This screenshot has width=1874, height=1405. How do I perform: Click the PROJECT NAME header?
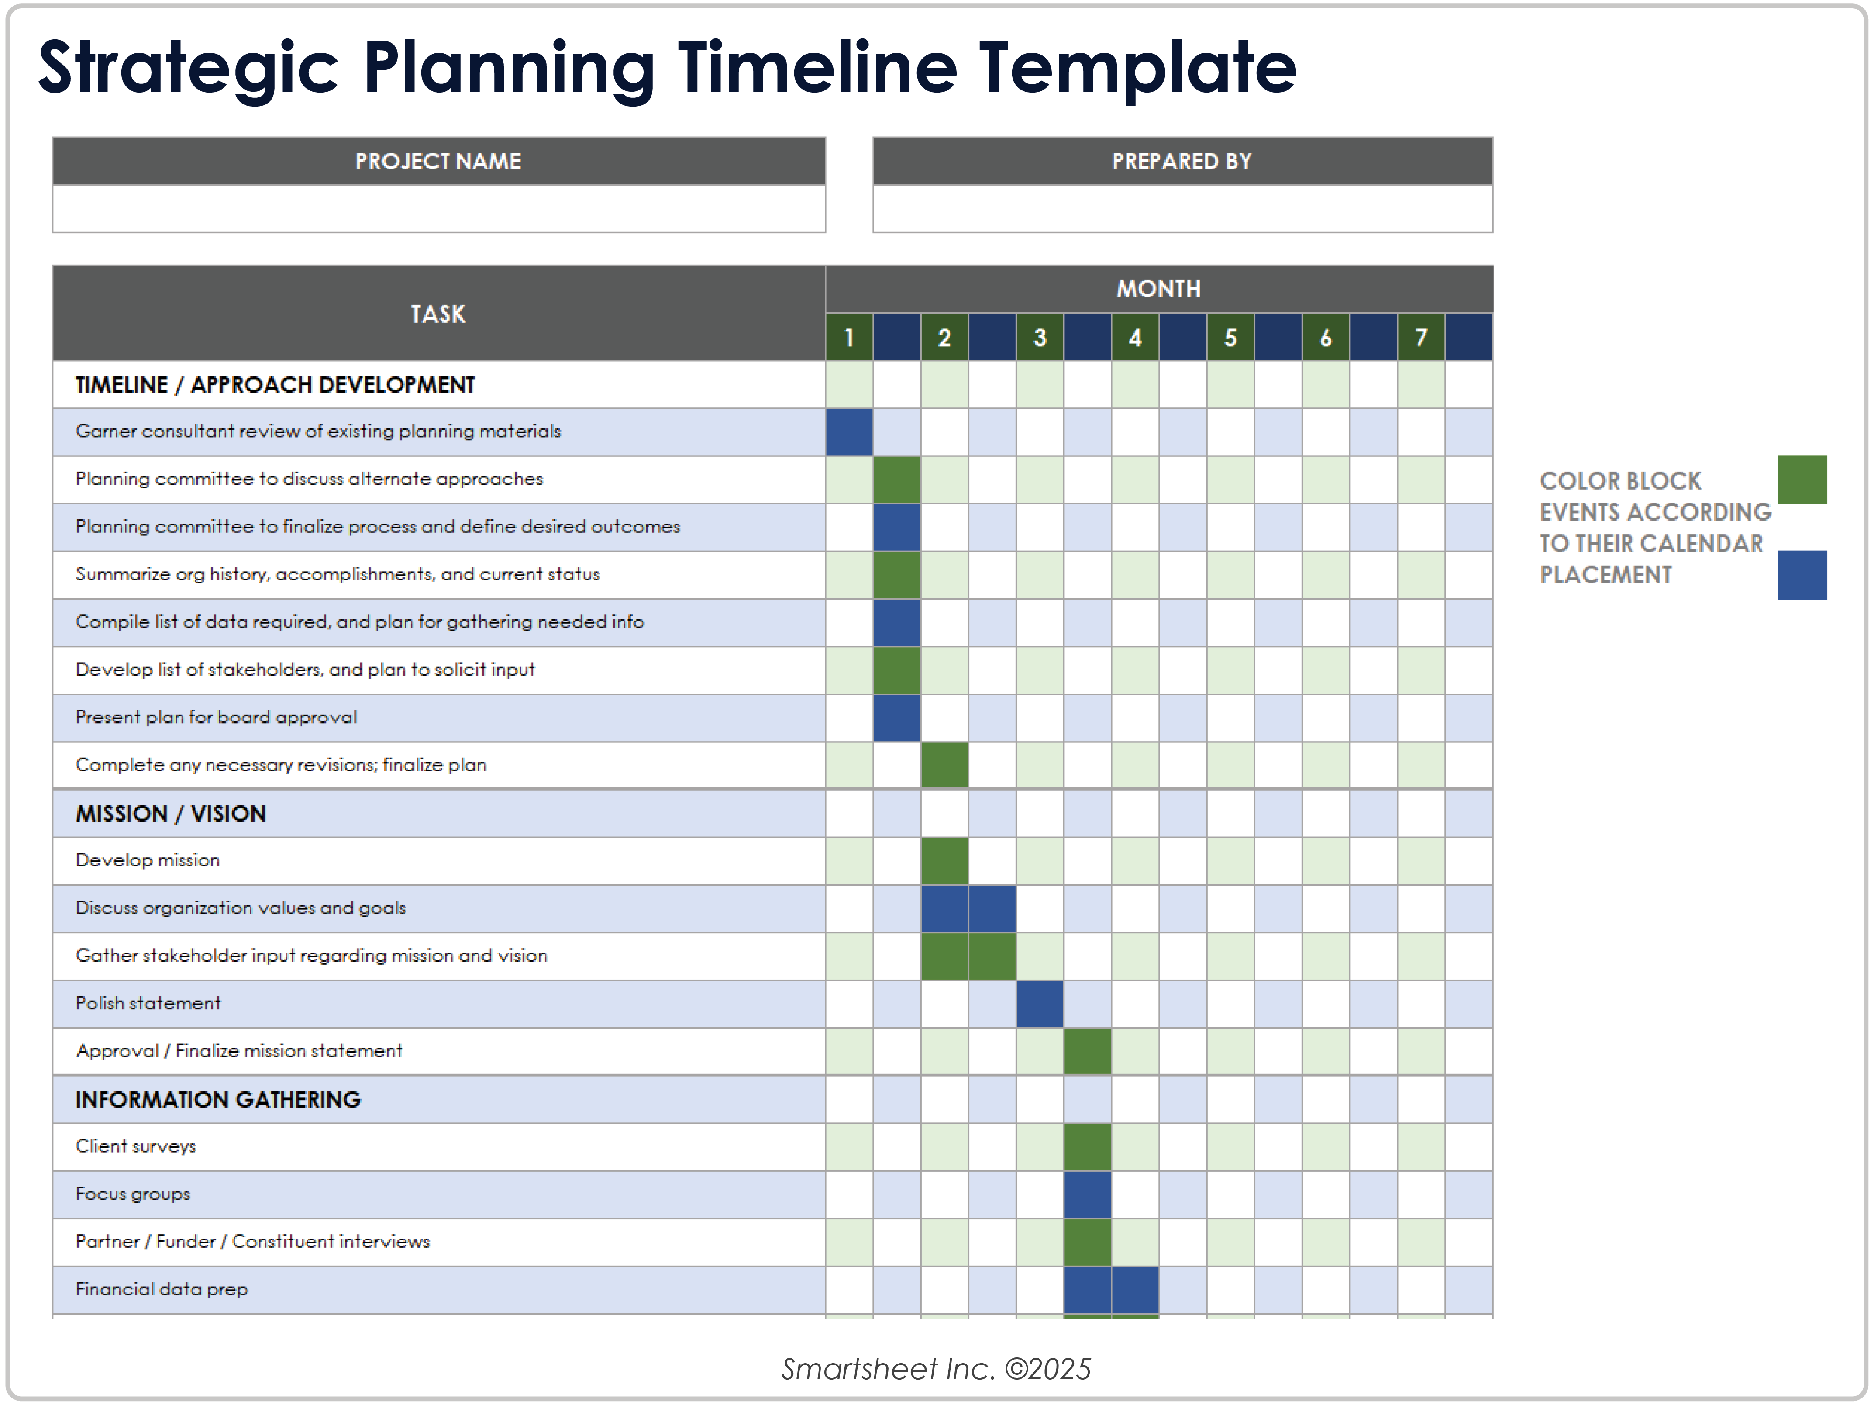tap(438, 161)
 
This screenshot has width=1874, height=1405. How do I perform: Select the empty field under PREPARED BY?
tap(1182, 208)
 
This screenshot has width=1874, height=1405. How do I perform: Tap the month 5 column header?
tap(1230, 337)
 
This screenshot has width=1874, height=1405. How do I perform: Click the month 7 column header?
tap(1421, 337)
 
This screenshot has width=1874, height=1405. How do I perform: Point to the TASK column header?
tap(438, 314)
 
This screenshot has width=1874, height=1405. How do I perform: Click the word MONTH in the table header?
tap(1158, 289)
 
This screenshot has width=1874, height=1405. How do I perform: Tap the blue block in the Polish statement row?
tap(1040, 1003)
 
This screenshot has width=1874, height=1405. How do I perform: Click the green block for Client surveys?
tap(1087, 1146)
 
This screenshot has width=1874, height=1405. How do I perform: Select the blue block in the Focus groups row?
tap(1087, 1194)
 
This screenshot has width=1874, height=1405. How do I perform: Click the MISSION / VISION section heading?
tap(170, 814)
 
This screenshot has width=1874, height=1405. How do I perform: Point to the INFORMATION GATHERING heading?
tap(218, 1099)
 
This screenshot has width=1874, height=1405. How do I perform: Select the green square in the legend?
tap(1802, 480)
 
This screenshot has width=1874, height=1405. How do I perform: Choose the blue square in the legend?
tap(1802, 575)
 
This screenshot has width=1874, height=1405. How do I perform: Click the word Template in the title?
tap(1137, 68)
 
